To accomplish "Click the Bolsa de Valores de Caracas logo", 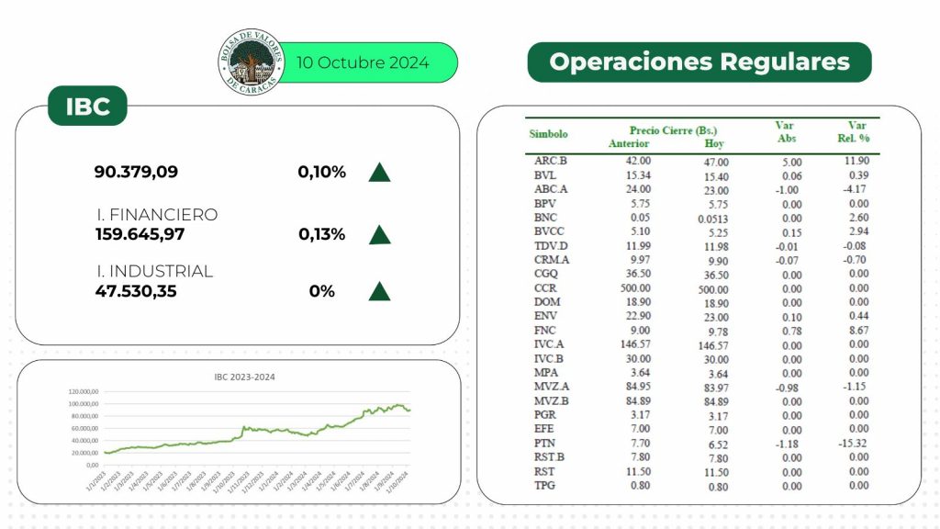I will pos(249,62).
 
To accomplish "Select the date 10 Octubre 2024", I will pos(363,63).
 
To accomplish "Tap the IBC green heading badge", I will pos(87,107).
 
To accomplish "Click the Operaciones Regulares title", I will pos(699,62).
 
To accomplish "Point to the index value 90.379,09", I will pos(136,172).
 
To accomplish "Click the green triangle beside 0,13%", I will pos(379,234).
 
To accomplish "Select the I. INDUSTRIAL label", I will pos(154,272).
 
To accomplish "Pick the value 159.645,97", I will pos(140,234).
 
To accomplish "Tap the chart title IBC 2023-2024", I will pos(238,377).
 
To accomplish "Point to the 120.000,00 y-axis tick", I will pos(83,391).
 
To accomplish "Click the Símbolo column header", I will pos(548,134).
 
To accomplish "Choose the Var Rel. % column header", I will pos(857,132).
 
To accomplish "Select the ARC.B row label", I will pos(551,161).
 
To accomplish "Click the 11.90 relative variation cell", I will pos(857,162).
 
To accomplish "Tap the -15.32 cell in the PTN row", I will pos(856,444).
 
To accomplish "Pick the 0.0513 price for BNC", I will pos(713,219).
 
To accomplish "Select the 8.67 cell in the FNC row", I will pos(858,331).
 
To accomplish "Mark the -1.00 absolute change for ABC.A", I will pos(789,190).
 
